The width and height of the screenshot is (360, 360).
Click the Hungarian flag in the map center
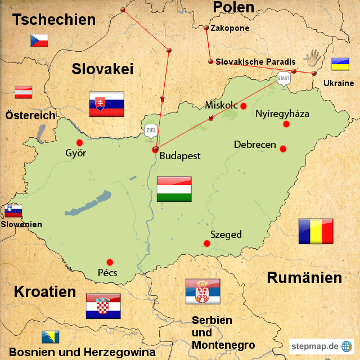[174, 189]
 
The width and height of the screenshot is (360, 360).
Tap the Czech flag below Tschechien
[39, 40]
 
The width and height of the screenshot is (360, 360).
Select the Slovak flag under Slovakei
[106, 104]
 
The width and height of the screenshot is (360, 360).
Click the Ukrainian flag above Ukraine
[339, 64]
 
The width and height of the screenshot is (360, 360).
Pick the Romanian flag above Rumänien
[316, 231]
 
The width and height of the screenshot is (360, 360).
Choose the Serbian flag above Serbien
[202, 291]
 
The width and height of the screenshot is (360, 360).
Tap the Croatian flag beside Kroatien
[103, 306]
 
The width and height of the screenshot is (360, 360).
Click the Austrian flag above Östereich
[23, 92]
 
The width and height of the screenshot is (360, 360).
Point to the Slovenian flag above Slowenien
[13, 210]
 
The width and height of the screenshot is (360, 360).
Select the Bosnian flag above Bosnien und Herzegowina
[48, 337]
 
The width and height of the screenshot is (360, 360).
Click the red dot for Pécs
[110, 262]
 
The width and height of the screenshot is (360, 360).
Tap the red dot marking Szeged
[207, 244]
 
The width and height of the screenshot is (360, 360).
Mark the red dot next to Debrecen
[283, 149]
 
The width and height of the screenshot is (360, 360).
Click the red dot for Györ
[79, 142]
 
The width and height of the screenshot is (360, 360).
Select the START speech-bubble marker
[285, 78]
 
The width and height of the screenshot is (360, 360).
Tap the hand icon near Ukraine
[312, 58]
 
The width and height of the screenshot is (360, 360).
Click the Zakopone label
[229, 28]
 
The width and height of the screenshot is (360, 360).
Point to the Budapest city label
[180, 156]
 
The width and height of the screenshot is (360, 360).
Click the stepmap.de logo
[321, 346]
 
